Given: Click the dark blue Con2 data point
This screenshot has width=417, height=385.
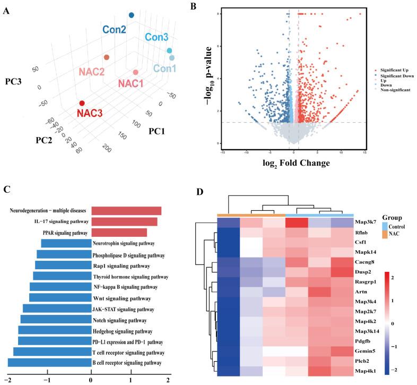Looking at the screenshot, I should tap(132, 15).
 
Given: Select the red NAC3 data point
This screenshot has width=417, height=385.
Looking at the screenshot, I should tap(82, 104).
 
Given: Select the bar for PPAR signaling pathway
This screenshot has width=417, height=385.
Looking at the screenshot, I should tap(119, 232).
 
